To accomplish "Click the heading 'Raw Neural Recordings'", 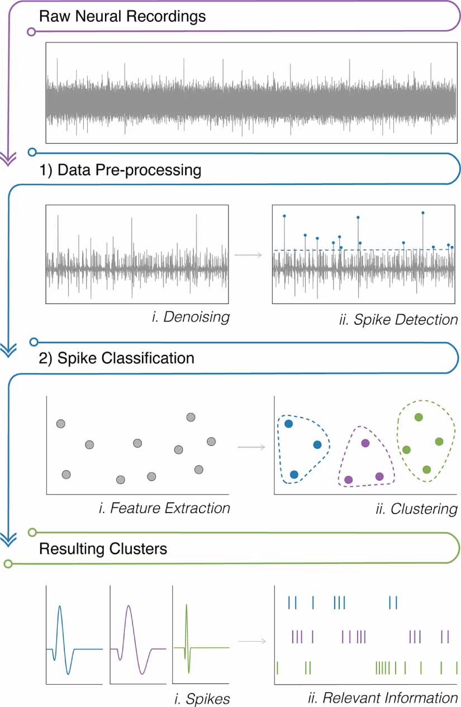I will pos(122,16).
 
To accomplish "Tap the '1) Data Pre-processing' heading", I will pos(120,170).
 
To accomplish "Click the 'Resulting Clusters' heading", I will pos(103,549).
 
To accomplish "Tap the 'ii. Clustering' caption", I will pos(417,509).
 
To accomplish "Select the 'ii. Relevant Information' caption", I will pos(383,697).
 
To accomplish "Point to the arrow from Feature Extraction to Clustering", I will pos(251,447).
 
